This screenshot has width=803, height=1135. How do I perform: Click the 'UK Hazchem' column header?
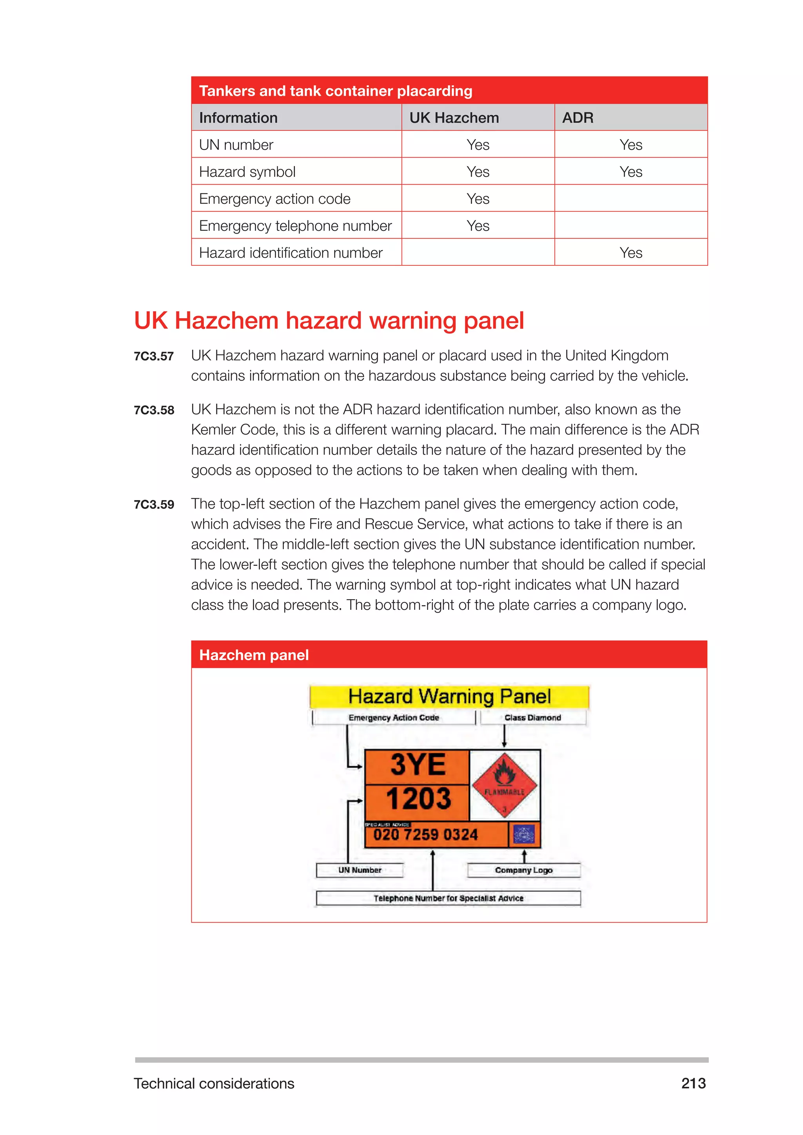454,118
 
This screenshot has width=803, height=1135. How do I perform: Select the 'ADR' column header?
578,118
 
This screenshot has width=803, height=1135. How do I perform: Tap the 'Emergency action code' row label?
274,199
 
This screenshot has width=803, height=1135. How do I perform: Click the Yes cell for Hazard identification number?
630,253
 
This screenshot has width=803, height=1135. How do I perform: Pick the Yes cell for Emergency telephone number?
478,226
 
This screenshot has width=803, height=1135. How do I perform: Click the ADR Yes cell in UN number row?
630,145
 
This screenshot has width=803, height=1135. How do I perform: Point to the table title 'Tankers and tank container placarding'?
335,91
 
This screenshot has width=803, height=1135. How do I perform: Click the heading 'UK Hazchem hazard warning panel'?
329,320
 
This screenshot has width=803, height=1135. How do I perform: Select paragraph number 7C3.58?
154,410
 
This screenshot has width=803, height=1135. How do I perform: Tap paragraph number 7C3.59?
154,505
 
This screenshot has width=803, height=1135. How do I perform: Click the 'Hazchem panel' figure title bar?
254,655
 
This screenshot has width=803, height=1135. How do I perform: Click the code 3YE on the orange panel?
418,765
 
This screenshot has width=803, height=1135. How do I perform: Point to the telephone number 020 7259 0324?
425,835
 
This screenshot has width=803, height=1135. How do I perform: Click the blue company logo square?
524,834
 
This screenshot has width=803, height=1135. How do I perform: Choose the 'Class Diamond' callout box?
532,717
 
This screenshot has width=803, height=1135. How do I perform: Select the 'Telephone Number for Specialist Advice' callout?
448,898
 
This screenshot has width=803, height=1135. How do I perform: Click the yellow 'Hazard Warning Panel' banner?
449,696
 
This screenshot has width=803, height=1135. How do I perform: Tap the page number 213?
693,1083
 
